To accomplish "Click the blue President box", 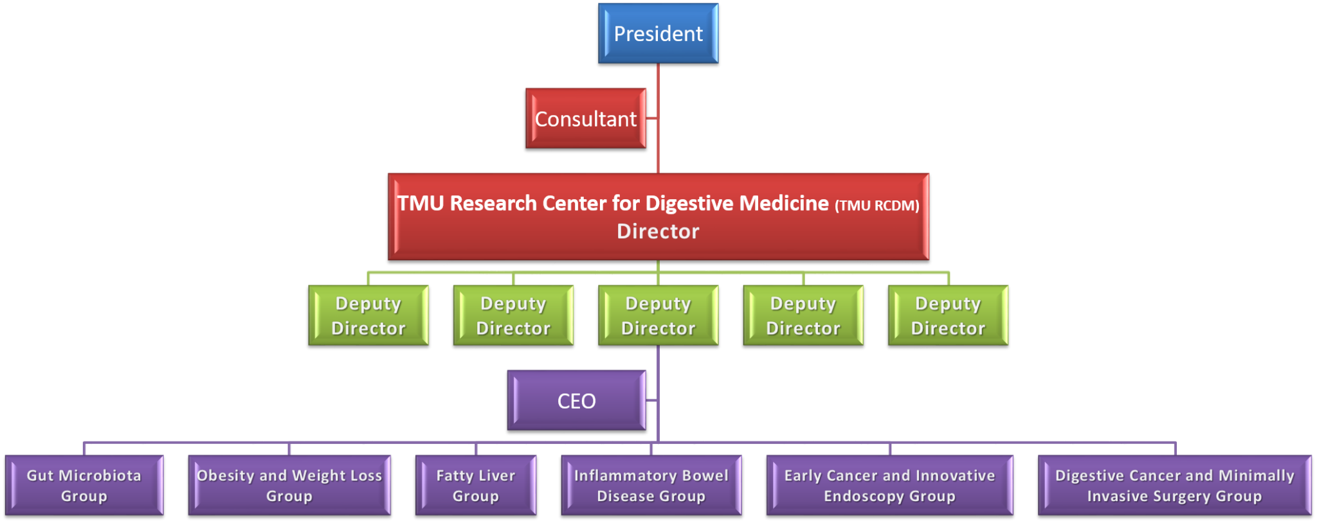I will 658,33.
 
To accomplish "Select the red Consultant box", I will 585,118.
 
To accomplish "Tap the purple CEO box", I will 576,400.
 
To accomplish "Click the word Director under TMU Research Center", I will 658,231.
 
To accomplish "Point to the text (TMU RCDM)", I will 876,206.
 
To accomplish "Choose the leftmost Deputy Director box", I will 368,315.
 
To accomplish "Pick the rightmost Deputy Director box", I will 948,315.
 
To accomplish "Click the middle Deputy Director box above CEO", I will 658,315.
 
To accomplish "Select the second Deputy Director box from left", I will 513,315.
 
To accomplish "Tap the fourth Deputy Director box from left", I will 803,315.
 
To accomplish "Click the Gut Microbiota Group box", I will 84,485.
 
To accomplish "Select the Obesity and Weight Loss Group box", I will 289,485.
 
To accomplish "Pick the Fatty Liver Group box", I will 476,485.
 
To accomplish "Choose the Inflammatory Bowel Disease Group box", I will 651,485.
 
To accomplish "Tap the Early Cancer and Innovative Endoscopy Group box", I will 889,485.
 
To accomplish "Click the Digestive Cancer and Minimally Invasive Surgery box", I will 1174,485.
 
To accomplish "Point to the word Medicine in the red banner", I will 784,203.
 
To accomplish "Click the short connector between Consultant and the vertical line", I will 651,118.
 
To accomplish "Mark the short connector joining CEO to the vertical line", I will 651,400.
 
